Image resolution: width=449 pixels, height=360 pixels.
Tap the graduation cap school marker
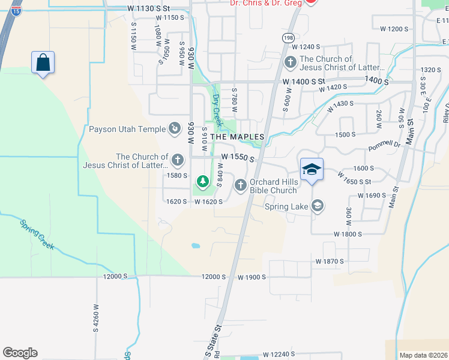coord(312,170)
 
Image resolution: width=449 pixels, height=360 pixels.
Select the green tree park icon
coord(203,180)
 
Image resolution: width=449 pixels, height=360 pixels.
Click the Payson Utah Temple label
coord(127,129)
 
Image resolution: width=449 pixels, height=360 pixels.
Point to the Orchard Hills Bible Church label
coord(273,187)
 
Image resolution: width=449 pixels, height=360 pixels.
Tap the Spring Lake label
coord(287,206)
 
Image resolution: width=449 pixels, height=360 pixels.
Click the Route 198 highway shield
coord(289,37)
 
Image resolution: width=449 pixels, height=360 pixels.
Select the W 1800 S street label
coord(348,234)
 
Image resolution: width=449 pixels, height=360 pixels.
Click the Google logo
coord(20,353)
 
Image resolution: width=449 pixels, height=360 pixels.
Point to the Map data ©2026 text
coord(423,355)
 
